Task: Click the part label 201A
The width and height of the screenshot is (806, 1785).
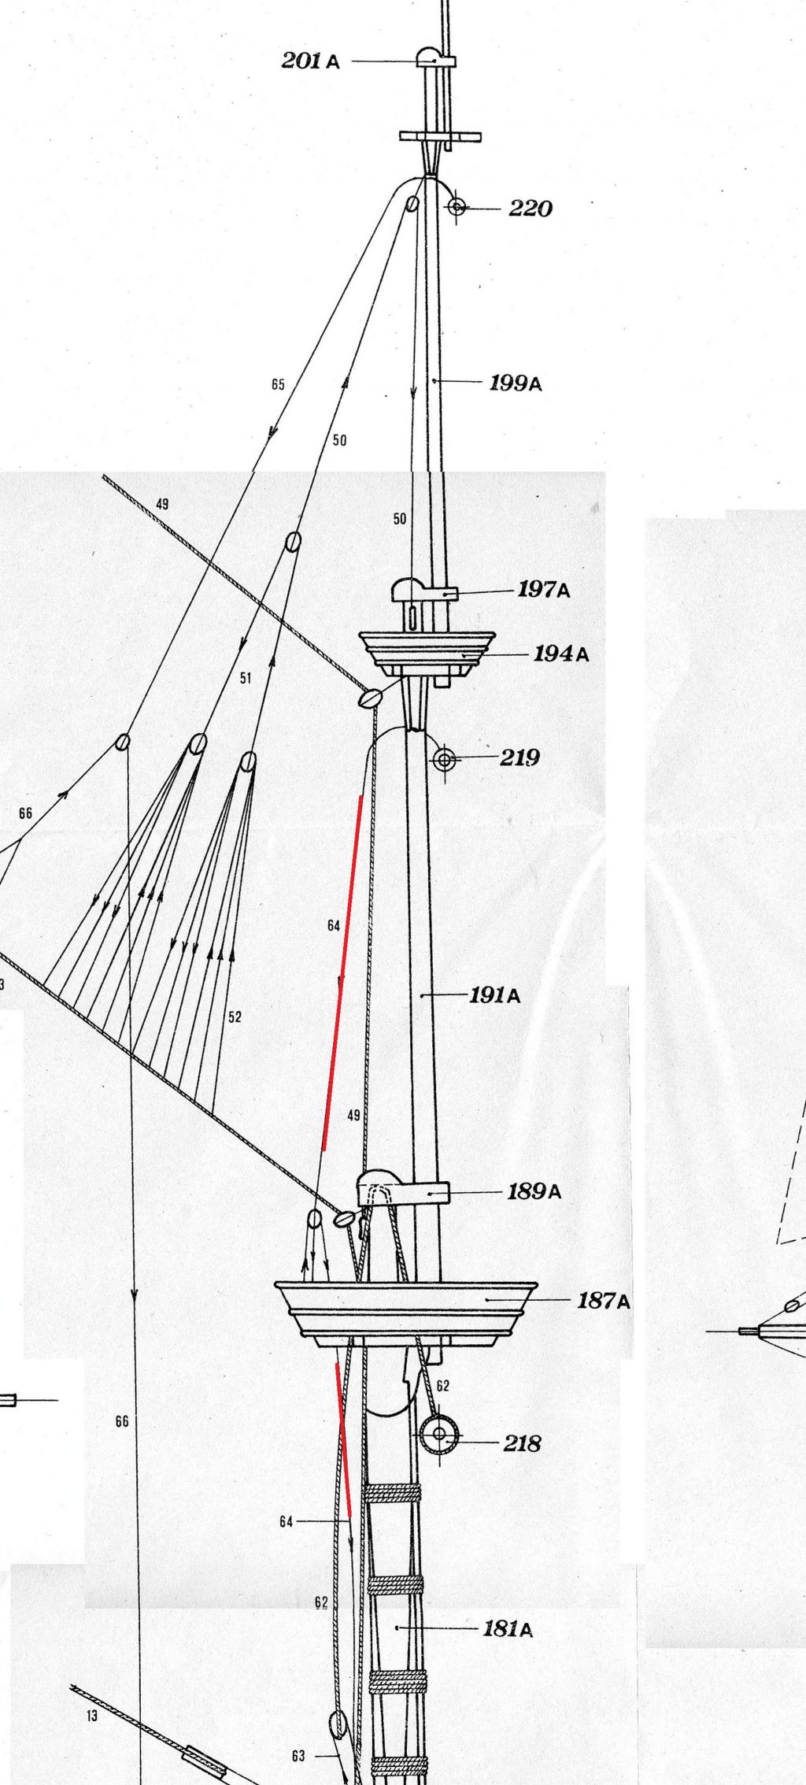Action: click(x=311, y=61)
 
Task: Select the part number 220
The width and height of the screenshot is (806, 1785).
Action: click(x=531, y=209)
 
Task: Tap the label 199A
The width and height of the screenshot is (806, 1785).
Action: click(x=516, y=383)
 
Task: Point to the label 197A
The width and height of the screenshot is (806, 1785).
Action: click(x=544, y=589)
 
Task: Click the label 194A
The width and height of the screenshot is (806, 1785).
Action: click(x=561, y=654)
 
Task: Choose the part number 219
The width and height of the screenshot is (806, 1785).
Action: click(x=520, y=757)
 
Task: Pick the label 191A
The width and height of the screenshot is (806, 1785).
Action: click(x=495, y=995)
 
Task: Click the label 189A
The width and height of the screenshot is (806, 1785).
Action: click(x=534, y=1191)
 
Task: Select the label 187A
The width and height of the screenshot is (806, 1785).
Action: click(x=604, y=1301)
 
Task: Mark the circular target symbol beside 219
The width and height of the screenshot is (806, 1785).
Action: click(x=445, y=760)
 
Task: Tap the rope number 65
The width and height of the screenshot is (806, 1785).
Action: click(x=278, y=385)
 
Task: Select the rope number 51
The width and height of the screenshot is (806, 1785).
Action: click(x=246, y=678)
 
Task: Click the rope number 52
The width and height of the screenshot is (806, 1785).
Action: click(x=235, y=1017)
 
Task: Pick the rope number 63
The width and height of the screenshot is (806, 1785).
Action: click(x=298, y=1750)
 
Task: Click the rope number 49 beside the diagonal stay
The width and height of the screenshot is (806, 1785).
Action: click(x=161, y=504)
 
